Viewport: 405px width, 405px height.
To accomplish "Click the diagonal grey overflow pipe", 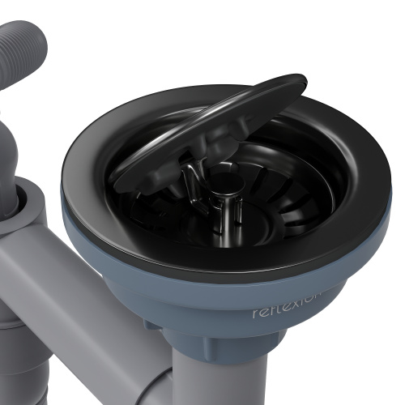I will (x=73, y=308).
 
